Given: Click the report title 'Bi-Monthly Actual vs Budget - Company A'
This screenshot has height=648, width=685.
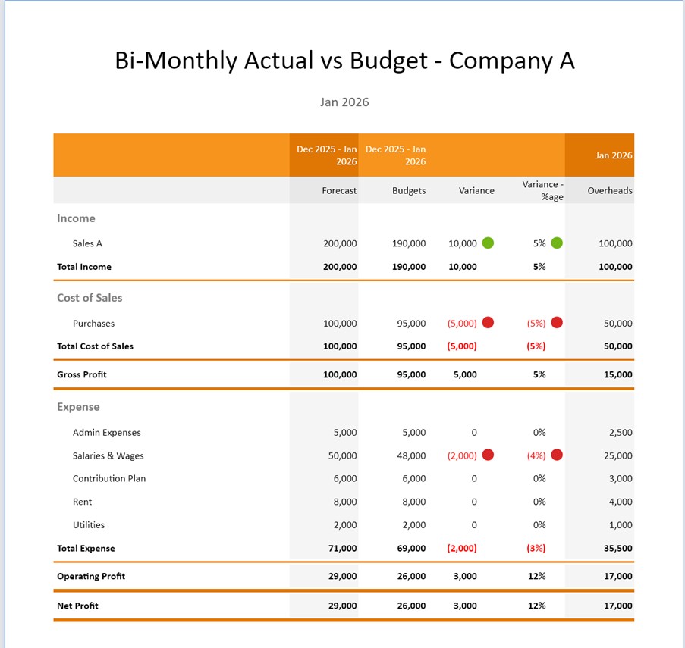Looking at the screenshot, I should point(344,61).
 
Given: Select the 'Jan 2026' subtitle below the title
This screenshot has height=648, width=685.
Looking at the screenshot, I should point(344,102).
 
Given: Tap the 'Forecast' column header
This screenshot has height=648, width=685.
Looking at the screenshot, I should point(339,191).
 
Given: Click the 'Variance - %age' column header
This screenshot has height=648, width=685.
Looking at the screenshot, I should point(542,190).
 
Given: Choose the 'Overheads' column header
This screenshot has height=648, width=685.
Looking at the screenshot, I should point(609,191).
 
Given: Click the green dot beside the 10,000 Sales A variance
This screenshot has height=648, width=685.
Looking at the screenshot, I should point(488,243).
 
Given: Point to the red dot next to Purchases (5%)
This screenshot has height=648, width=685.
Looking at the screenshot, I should point(557,323).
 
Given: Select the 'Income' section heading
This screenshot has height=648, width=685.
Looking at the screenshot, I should point(76,218).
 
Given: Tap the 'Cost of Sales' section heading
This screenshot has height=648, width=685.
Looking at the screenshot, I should point(90,298).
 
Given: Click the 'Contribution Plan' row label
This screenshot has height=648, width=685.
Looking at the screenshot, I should point(109,479).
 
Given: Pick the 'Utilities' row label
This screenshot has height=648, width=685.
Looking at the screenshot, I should point(89,525).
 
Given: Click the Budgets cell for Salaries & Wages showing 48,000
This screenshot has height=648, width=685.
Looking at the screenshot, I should point(411,456).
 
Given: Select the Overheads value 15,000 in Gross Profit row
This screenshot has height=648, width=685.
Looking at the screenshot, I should point(617,374).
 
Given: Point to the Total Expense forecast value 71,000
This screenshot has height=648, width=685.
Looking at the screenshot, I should point(341,549).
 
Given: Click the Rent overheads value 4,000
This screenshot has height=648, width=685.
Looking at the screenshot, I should point(620,502).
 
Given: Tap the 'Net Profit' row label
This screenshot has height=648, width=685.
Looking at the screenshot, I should point(77,606).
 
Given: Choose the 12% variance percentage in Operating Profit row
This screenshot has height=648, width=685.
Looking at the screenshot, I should point(537,577).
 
